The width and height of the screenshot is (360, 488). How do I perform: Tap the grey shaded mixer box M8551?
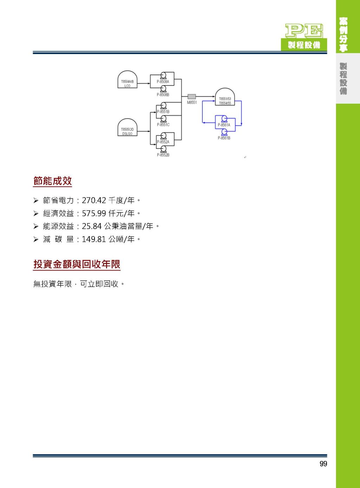click(192, 97)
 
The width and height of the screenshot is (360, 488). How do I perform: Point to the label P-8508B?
click(163, 95)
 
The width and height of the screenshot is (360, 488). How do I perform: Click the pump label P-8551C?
click(163, 125)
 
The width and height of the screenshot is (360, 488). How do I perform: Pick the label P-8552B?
click(163, 155)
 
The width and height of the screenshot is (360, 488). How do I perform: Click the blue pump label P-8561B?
click(224, 138)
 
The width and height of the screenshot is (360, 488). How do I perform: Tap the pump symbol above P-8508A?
click(163, 76)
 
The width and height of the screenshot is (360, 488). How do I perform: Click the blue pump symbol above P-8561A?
click(224, 119)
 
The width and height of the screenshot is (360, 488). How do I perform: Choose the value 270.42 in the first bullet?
click(94, 200)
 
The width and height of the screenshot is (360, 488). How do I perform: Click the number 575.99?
click(94, 213)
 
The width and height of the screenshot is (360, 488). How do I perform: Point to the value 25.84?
click(92, 226)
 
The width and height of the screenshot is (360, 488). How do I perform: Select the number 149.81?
click(94, 239)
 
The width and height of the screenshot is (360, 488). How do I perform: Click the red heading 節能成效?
click(52, 181)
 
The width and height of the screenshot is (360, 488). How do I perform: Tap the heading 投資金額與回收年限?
click(77, 264)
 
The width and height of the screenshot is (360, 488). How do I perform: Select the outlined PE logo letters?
click(304, 31)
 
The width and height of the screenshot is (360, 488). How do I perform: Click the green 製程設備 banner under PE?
click(304, 45)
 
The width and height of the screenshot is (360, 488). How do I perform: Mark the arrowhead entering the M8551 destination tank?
click(214, 97)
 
